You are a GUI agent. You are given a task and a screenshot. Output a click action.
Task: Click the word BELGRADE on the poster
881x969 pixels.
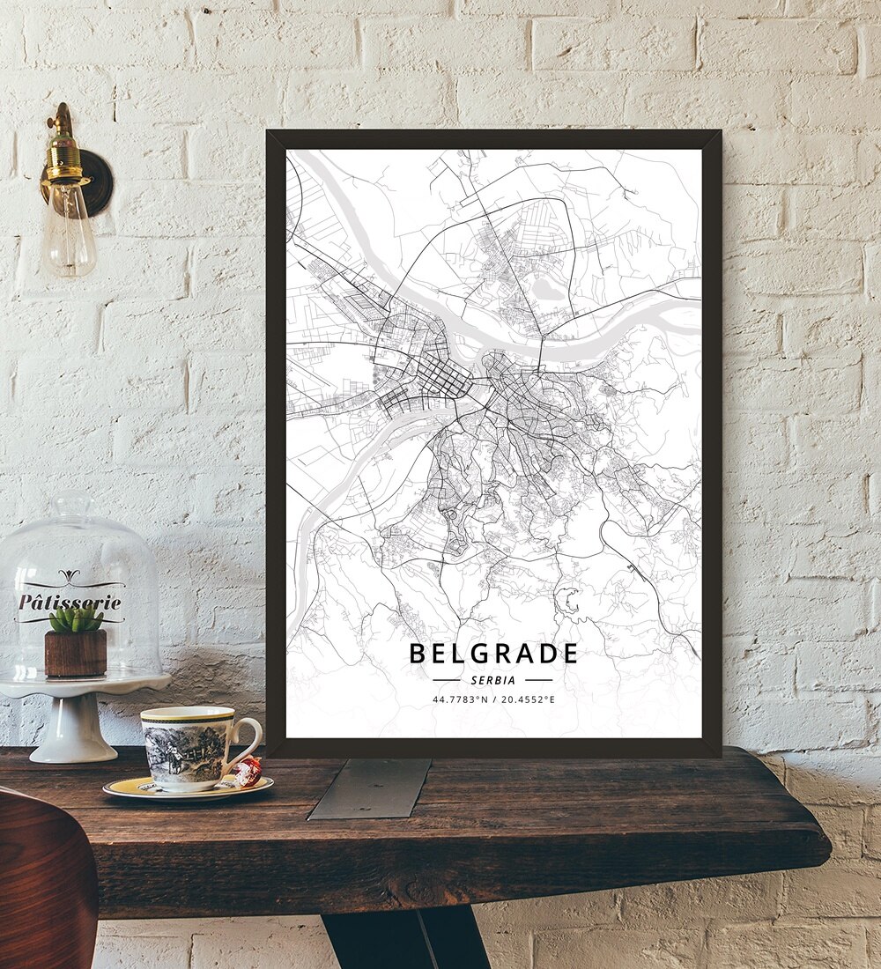pos(493,654)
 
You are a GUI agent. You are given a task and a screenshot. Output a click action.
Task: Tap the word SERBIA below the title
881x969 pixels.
pos(493,680)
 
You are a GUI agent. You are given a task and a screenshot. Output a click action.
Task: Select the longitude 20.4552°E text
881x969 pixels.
pos(529,699)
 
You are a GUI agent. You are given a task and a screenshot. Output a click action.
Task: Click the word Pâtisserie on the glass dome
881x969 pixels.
pos(70,603)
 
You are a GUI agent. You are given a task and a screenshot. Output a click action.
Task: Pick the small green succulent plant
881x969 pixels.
pos(76,619)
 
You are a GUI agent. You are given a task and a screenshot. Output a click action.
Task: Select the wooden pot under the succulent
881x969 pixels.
pos(76,652)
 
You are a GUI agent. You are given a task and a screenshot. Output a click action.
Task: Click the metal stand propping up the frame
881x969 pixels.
pos(370,788)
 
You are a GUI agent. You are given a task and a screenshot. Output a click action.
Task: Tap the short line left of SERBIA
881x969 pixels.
pos(447,680)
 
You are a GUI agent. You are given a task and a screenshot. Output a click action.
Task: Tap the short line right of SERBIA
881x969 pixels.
pos(538,680)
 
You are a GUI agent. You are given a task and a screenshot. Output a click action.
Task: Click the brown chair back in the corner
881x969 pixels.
pos(44,881)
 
